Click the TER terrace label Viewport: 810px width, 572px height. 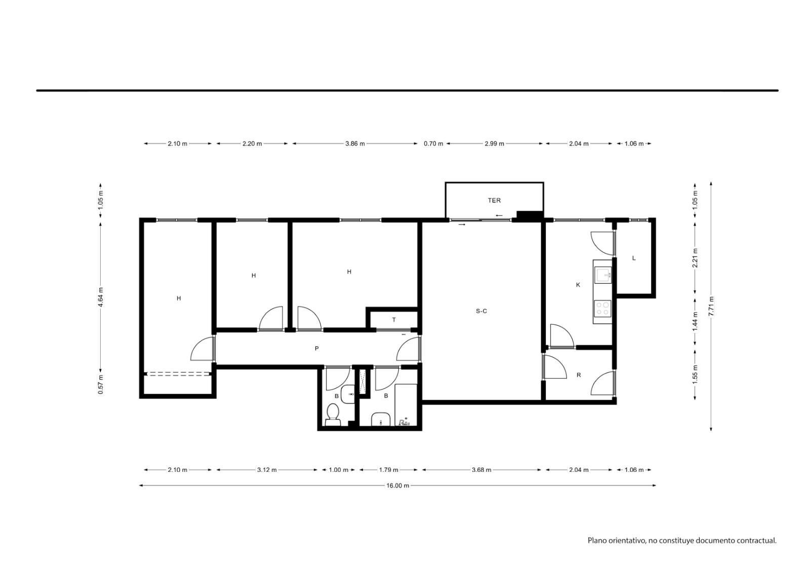point(494,200)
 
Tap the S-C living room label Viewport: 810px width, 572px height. point(481,311)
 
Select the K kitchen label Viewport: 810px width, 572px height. point(578,285)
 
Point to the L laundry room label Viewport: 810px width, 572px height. point(633,258)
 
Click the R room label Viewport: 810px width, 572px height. point(579,375)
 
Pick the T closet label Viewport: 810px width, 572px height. point(394,320)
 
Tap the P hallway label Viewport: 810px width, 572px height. point(317,348)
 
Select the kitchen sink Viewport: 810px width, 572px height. point(603,275)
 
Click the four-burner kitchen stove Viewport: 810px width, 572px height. point(602,309)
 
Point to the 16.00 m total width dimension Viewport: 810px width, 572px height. point(397,486)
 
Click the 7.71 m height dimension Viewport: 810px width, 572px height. point(711,306)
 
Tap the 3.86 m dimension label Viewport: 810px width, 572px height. point(355,144)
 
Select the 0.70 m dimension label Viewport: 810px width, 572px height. point(433,144)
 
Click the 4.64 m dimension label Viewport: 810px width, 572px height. point(101,297)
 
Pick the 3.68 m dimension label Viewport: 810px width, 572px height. point(481,470)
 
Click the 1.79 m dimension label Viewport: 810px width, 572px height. point(388,470)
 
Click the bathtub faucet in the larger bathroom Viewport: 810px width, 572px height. point(404,421)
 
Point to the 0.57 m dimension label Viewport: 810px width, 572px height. point(101,384)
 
